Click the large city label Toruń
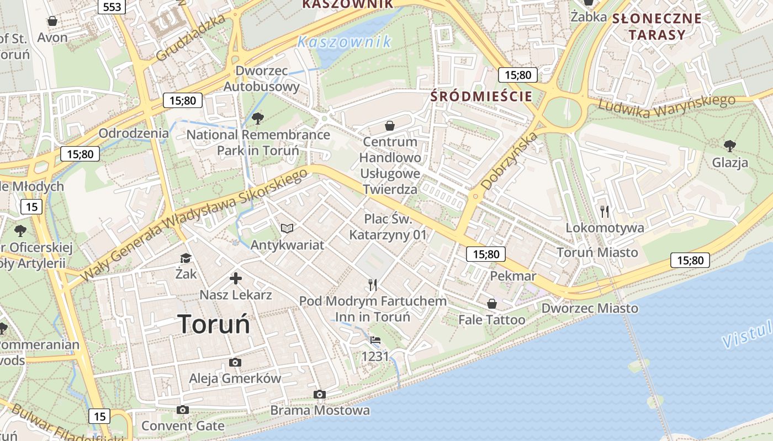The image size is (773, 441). click(214, 324)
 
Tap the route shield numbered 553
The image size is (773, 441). click(112, 6)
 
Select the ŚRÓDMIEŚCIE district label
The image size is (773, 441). click(481, 96)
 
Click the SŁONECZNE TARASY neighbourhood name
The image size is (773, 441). click(656, 26)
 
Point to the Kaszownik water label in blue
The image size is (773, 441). click(345, 41)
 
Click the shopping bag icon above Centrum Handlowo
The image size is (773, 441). click(390, 126)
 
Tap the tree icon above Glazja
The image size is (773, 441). click(729, 146)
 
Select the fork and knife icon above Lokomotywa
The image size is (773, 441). click(605, 211)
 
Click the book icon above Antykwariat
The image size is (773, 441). click(287, 228)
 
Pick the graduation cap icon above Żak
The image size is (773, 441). click(186, 258)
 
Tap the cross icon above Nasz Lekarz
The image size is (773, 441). click(236, 278)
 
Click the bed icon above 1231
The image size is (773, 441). click(375, 340)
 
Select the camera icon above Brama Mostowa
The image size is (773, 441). click(319, 394)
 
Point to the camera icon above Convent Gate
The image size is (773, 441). click(183, 410)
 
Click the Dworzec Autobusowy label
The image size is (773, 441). click(262, 78)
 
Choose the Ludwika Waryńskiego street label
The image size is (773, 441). click(666, 106)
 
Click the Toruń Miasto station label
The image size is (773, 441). click(597, 252)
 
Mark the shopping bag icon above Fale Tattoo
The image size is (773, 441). click(491, 304)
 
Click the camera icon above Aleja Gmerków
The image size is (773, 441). click(235, 362)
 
